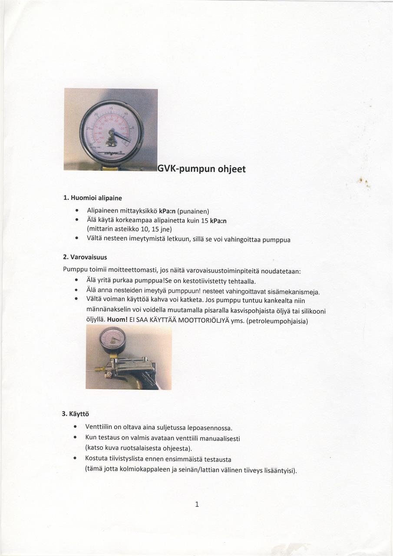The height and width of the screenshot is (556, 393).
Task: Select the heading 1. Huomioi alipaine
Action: coord(92,198)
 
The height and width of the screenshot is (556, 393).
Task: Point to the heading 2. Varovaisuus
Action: coord(85,257)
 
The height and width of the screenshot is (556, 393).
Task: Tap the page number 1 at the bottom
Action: coord(197,504)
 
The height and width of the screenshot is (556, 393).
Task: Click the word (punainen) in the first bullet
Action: coord(193,212)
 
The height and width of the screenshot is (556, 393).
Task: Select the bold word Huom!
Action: coord(117,320)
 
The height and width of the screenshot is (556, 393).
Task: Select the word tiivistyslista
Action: coord(126,459)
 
